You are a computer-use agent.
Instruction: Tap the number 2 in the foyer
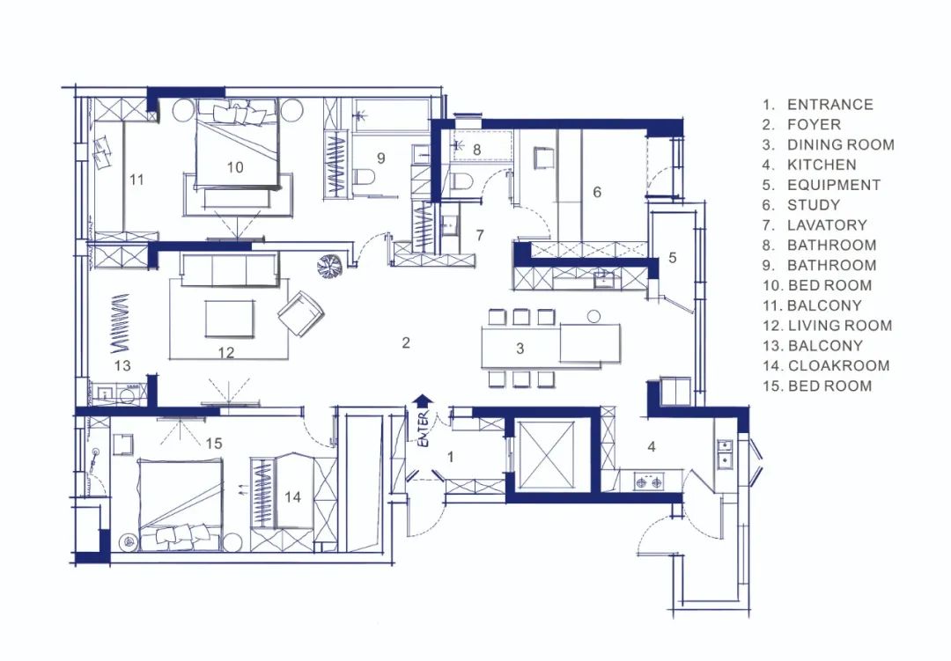point(406,342)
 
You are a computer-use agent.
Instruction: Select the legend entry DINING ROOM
point(841,145)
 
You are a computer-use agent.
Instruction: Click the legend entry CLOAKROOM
point(839,365)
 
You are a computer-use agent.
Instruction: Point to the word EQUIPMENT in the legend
point(834,185)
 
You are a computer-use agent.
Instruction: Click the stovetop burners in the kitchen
point(648,482)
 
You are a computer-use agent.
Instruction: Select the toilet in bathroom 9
point(364,178)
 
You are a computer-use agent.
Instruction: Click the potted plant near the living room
point(331,266)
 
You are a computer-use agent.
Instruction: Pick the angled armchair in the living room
point(301,313)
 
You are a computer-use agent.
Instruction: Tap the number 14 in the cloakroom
point(292,497)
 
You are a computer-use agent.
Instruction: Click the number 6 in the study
point(597,192)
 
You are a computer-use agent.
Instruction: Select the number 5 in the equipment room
point(672,258)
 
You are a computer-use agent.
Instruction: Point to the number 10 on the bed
point(235,167)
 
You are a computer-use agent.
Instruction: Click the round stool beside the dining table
point(594,316)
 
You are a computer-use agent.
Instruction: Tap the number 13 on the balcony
point(122,365)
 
